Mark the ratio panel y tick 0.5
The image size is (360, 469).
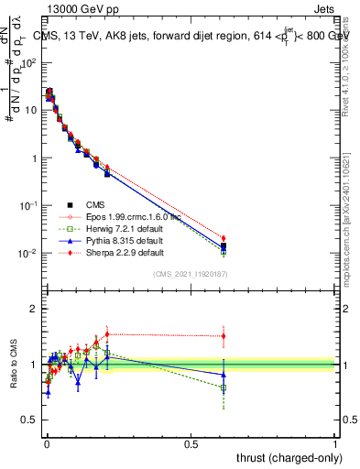click(x=31, y=420)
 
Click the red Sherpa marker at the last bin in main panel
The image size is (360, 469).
click(x=224, y=238)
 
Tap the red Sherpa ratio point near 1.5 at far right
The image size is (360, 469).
click(x=224, y=336)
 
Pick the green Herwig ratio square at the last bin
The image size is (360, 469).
click(x=224, y=387)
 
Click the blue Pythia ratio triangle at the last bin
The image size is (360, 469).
click(x=224, y=375)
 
